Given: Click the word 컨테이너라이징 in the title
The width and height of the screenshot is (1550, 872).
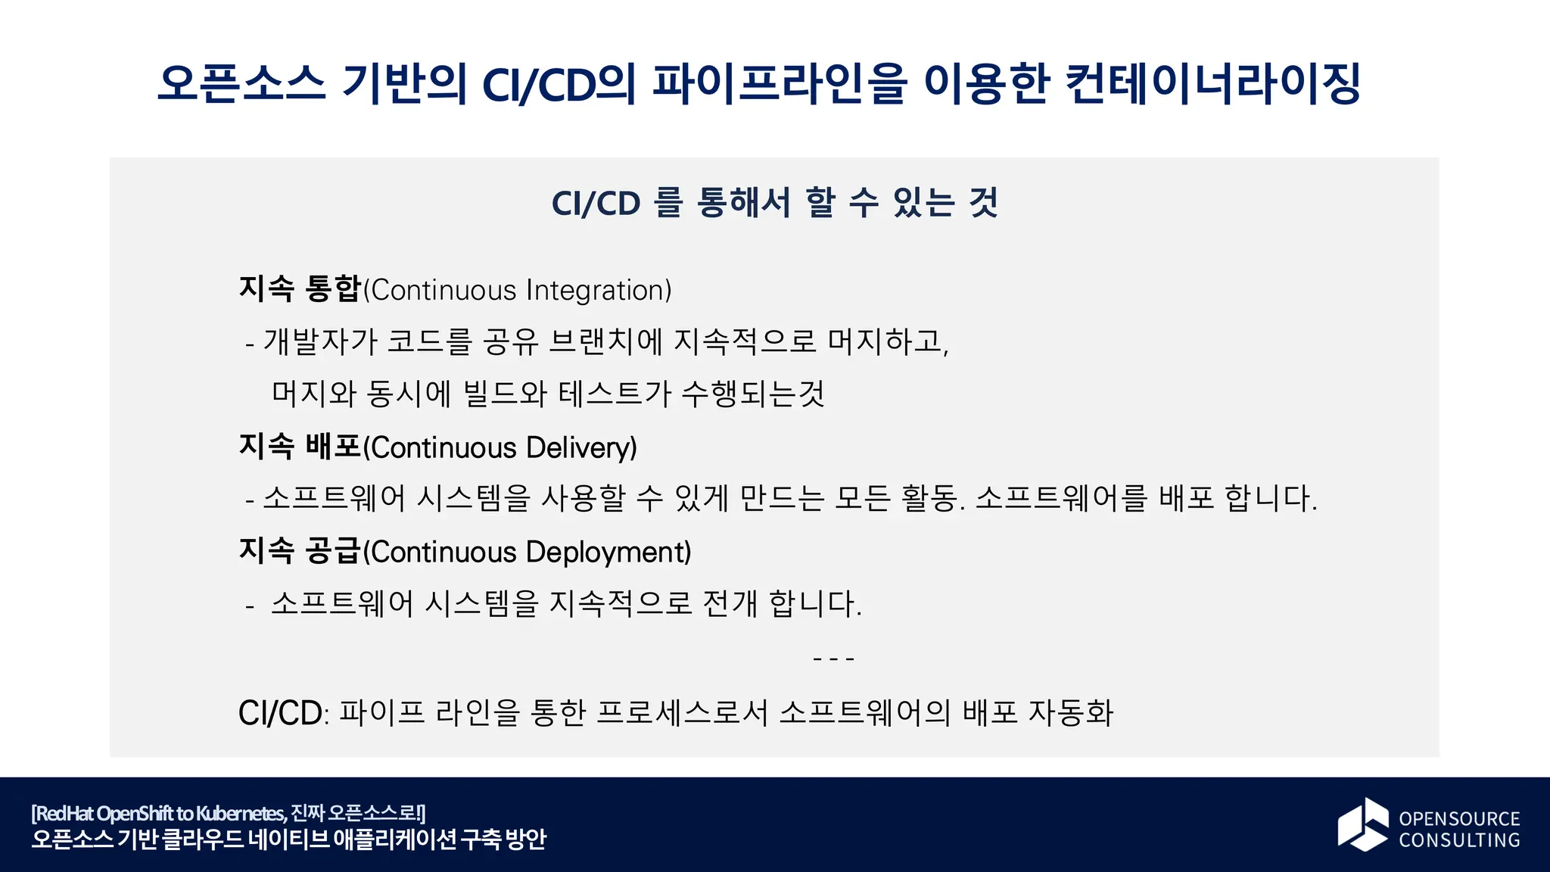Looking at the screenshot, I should pos(1212,83).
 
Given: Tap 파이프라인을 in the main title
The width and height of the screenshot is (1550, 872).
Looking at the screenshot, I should pos(780,83).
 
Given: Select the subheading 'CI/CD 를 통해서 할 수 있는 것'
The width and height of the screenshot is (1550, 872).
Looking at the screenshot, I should pos(774,203).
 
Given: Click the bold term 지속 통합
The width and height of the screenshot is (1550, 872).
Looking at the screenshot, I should pos(300,289).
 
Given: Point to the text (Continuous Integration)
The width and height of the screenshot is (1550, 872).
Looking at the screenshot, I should pos(518,291).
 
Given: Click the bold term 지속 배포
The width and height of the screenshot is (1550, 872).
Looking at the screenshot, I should pos(300,447).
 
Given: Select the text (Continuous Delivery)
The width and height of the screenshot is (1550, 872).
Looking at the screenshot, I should pos(500,448).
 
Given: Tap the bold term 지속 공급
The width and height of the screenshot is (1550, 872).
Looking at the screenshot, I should pos(300,551).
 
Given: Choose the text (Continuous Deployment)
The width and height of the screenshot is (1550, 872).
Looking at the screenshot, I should pos(528,553).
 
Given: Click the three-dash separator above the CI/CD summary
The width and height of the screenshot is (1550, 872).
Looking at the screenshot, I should pos(833,659).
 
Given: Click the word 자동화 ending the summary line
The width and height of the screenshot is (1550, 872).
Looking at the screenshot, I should pos(1071,713).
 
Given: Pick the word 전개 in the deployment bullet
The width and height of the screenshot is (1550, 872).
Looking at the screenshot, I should pos(730,604).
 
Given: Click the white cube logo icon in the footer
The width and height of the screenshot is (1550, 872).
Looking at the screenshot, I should pos(1362,824).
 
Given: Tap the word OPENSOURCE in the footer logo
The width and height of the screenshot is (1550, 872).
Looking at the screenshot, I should pos(1459,818).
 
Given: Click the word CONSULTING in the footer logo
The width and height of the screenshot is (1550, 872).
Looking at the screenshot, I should pos(1459,840).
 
